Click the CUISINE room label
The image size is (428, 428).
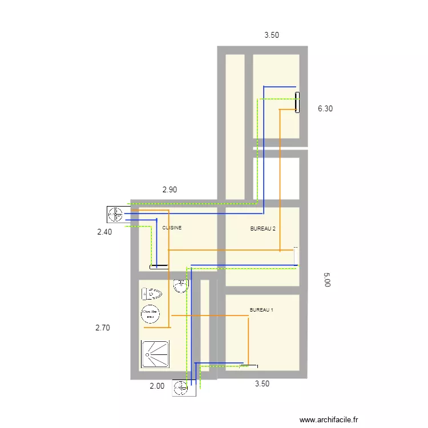[x=172, y=228]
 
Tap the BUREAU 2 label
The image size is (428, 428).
[x=263, y=229]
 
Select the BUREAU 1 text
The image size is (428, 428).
[x=261, y=310]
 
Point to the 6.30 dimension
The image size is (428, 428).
[x=325, y=108]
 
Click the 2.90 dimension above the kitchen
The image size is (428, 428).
[x=169, y=189]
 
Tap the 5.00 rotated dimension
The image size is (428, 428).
[x=326, y=279]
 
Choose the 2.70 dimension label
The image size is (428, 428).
[x=103, y=328]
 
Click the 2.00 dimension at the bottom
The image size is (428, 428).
[x=157, y=386]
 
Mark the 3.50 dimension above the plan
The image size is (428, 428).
[x=272, y=35]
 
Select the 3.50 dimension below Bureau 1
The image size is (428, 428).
[x=262, y=383]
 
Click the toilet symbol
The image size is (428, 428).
[x=152, y=294]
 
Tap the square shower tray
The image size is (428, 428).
[x=155, y=355]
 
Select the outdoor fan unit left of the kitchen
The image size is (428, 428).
[x=115, y=215]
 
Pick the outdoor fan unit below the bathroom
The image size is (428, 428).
[x=181, y=388]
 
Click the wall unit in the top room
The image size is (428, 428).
[x=297, y=103]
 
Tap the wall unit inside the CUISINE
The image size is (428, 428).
[x=159, y=267]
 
